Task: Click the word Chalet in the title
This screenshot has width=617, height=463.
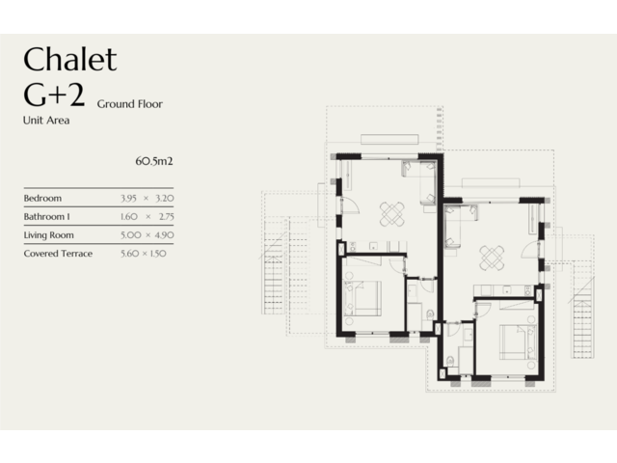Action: pos(70,59)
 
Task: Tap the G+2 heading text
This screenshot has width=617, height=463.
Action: pos(54,95)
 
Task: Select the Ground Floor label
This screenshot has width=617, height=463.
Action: pos(130,104)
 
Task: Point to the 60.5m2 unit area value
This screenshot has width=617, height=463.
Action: pos(154,161)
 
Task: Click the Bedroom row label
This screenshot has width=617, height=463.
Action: pos(42,198)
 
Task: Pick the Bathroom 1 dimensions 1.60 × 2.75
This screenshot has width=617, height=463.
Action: pos(148,216)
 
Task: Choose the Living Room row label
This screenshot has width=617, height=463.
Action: pos(49,235)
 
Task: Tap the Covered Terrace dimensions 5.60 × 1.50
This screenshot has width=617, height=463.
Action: pos(144,254)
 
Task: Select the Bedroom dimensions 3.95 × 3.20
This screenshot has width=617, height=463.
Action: pos(148,198)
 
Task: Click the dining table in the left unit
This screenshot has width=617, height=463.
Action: pos(392,214)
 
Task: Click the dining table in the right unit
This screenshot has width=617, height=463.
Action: pos(492,258)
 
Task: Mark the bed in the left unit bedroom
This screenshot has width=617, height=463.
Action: pos(362,298)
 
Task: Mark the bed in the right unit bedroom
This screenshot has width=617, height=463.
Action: pos(519,342)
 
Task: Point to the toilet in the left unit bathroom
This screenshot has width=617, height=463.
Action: pos(430,314)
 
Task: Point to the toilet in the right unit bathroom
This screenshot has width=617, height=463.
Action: pos(450,360)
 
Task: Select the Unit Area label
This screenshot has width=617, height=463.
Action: pos(46,120)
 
